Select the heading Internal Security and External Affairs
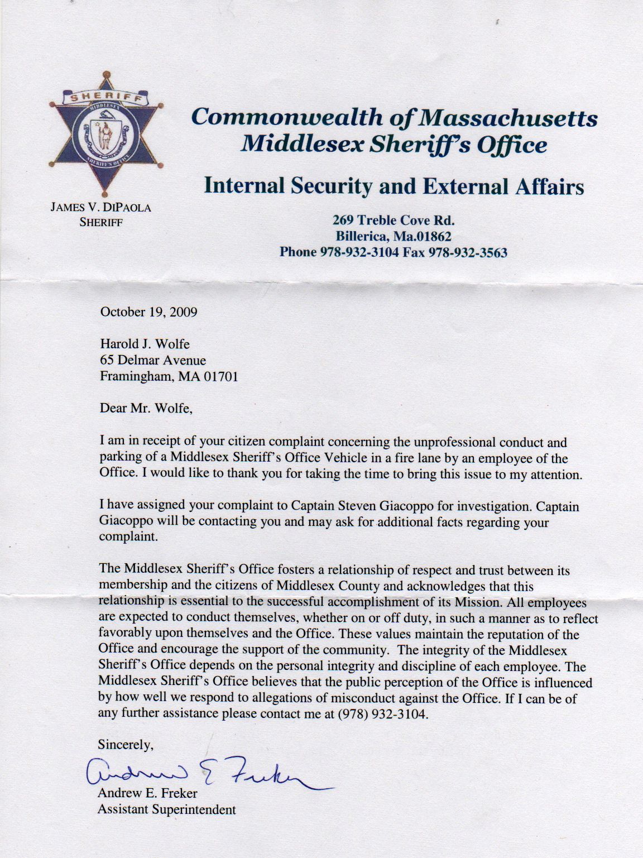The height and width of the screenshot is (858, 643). [x=393, y=186]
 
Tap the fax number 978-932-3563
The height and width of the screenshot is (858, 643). [x=468, y=252]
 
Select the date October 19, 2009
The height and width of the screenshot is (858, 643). [x=148, y=311]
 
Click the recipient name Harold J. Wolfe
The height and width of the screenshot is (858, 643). [x=145, y=344]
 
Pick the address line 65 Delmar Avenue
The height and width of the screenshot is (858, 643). [x=152, y=360]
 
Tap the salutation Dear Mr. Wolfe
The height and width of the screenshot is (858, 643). [x=146, y=408]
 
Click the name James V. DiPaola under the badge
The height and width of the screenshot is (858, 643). [x=101, y=208]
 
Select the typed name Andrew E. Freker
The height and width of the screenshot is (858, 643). [x=147, y=793]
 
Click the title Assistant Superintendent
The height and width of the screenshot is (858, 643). [x=166, y=809]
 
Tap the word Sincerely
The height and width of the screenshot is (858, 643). [x=125, y=744]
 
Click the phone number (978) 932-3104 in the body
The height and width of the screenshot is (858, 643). [x=383, y=714]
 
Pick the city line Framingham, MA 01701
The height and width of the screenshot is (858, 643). [x=169, y=377]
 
